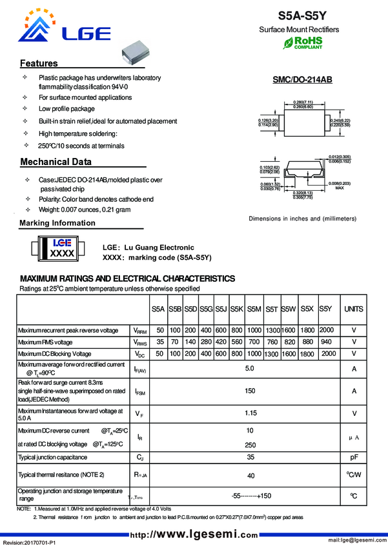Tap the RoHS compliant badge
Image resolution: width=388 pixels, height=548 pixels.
(303, 43)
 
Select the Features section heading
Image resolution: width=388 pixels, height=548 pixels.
(39, 63)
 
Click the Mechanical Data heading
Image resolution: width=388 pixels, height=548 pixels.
(56, 162)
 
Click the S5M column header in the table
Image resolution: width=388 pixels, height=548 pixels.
(254, 309)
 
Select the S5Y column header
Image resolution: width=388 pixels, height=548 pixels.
(326, 309)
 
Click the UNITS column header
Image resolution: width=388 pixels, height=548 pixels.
(354, 309)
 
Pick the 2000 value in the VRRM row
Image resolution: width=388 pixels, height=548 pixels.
(327, 329)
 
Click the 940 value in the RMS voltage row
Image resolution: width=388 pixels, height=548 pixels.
(327, 342)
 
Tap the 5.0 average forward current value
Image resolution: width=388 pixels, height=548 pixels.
(250, 369)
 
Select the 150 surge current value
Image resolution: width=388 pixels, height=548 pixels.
(250, 391)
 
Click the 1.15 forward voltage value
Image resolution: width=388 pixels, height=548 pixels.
(250, 413)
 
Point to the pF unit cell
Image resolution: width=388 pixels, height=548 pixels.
(354, 456)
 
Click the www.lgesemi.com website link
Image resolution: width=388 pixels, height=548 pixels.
(194, 534)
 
